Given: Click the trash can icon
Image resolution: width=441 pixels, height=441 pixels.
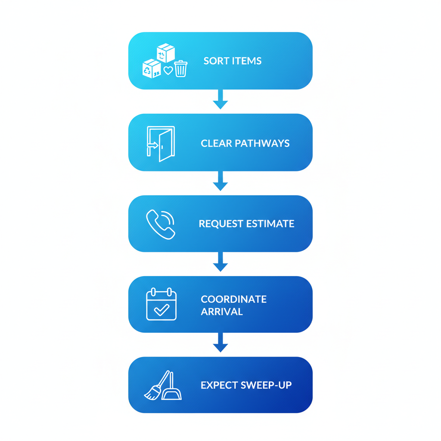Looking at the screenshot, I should [181, 69].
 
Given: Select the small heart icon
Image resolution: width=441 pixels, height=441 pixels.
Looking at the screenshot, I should [168, 71].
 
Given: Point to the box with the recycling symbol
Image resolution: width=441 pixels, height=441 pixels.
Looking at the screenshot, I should [151, 69].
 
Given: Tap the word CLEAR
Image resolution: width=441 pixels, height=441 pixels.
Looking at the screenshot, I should [216, 143].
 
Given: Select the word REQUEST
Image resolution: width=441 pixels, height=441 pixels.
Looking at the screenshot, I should [220, 224].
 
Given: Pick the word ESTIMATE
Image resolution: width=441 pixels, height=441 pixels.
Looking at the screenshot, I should [270, 224].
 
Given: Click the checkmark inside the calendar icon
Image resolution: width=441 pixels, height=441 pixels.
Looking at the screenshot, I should [161, 310].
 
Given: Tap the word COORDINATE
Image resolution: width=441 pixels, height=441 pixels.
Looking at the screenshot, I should [234, 299].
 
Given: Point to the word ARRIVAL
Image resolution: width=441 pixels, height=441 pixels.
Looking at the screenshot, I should [222, 311].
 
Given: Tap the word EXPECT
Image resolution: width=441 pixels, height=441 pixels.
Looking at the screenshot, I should [216, 385].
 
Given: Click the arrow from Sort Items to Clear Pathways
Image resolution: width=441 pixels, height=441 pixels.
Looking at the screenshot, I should [220, 99].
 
